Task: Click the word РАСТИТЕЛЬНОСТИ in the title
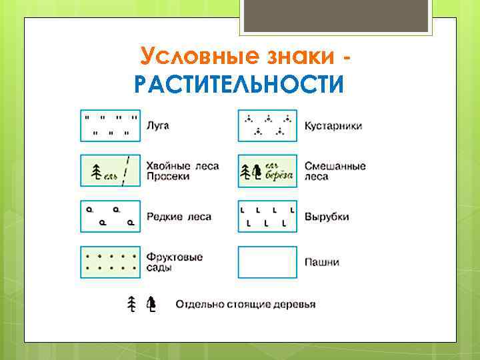click(239, 85)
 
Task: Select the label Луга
click(159, 125)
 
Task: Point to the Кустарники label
click(333, 125)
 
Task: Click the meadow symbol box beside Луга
click(110, 125)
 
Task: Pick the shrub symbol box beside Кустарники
click(267, 125)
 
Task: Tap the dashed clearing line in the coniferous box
click(127, 171)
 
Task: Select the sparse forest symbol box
click(110, 217)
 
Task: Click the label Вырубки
click(327, 217)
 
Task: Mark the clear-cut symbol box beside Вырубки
click(267, 217)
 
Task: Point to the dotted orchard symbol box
click(110, 262)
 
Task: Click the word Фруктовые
click(175, 257)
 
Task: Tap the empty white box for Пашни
click(267, 262)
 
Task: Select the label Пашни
click(322, 262)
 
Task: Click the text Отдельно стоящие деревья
click(245, 305)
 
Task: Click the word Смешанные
click(335, 166)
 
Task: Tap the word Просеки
click(169, 177)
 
